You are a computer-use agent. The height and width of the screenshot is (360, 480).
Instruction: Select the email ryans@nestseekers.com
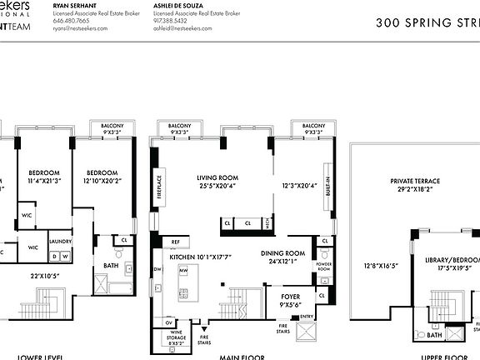[x=81, y=27]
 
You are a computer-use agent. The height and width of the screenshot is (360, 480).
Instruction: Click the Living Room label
[x=217, y=177]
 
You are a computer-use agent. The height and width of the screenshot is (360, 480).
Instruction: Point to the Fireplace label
[x=159, y=184]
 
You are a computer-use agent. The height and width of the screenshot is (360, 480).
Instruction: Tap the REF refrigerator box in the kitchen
[x=175, y=242]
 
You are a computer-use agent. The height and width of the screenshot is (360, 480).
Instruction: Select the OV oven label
[x=169, y=322]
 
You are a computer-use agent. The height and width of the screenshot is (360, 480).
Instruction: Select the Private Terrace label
[x=414, y=181]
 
